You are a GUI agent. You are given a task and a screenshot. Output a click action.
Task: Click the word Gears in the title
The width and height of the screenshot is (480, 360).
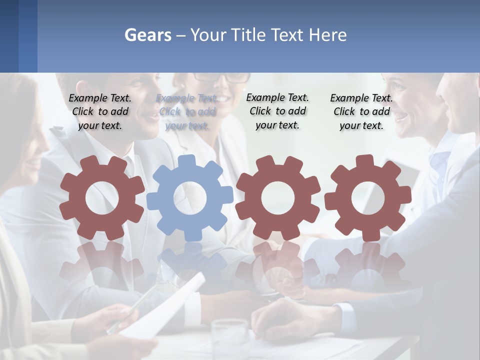pos(148,35)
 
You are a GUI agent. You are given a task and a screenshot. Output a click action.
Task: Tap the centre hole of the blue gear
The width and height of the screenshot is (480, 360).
pos(190,198)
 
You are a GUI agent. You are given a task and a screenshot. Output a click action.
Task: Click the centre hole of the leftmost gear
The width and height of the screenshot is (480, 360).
pos(102,198)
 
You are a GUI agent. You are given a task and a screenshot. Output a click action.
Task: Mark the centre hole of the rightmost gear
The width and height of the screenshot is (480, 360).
pos(367,198)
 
